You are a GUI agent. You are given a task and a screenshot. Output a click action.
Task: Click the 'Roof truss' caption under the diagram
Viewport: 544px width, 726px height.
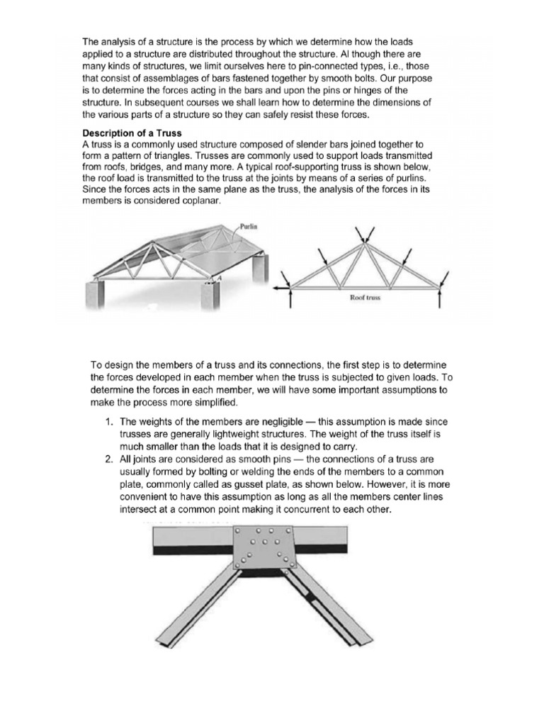366,298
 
